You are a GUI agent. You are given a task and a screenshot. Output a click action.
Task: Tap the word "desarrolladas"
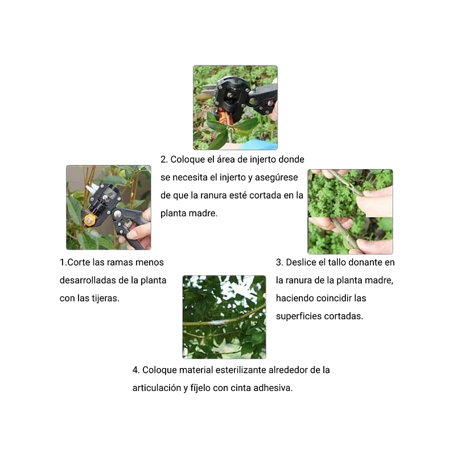click(86, 281)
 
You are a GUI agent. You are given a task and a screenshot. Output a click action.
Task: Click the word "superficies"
click(299, 316)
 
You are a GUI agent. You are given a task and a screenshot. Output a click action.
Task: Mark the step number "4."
click(136, 370)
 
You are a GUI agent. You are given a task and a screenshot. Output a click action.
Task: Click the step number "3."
click(279, 262)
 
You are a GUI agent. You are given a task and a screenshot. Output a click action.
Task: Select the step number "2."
click(164, 159)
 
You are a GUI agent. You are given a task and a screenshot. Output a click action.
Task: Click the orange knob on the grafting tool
click(89, 219)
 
